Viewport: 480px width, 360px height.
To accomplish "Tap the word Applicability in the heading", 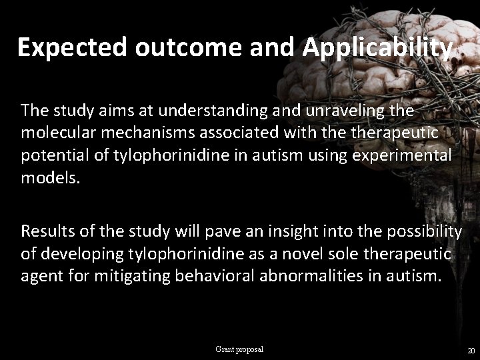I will click(377, 48).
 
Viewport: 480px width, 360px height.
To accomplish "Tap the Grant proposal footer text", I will click(239, 349).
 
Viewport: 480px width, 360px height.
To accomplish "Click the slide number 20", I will click(471, 351).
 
